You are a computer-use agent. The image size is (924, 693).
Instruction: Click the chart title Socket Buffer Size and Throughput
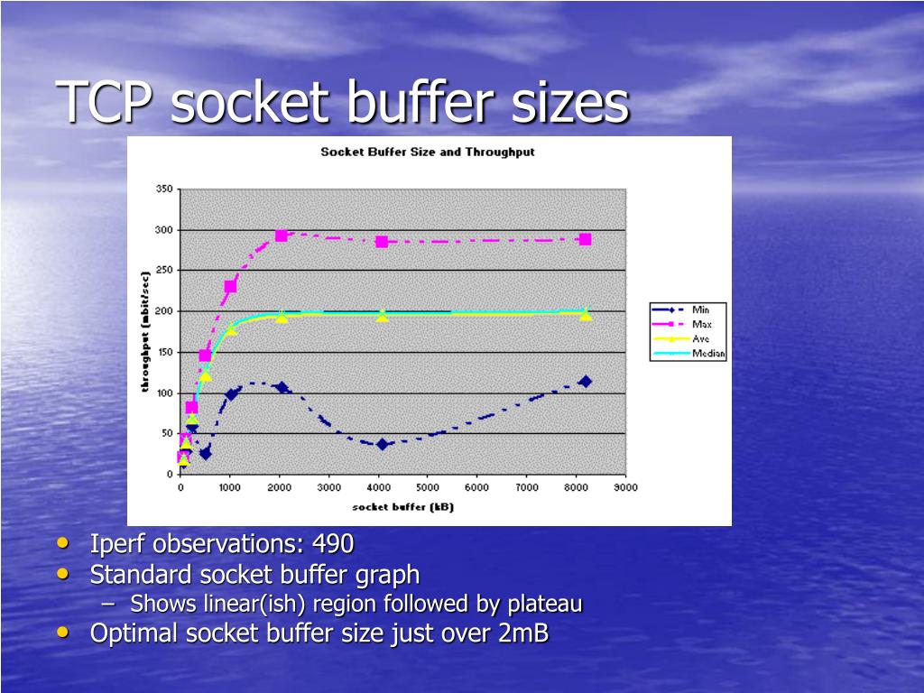[x=428, y=152]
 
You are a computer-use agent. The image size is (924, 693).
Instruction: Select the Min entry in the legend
[x=700, y=310]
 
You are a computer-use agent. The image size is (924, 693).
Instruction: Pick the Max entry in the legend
[x=701, y=324]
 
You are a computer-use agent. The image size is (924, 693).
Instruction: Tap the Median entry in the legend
[x=707, y=353]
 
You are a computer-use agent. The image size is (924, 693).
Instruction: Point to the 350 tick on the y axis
[x=163, y=189]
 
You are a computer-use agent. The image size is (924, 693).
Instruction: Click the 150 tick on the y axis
[x=163, y=352]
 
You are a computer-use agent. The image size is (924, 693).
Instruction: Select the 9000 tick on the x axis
[x=625, y=487]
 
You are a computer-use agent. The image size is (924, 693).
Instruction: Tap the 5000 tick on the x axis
[x=428, y=487]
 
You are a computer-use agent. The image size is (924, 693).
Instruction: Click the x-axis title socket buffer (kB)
[x=402, y=506]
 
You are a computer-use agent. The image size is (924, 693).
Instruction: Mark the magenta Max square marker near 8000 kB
[x=586, y=239]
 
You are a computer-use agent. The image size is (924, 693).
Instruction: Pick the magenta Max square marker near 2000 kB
[x=282, y=236]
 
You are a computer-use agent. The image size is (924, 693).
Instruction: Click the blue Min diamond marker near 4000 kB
[x=382, y=444]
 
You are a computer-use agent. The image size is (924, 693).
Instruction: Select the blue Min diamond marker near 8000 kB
[x=586, y=382]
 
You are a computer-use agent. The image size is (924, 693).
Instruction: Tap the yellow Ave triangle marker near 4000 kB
[x=382, y=316]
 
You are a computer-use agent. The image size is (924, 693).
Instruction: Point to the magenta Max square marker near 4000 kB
[x=382, y=242]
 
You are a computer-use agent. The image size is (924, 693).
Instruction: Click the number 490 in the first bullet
[x=333, y=544]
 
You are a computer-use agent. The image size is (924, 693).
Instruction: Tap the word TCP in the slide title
[x=105, y=102]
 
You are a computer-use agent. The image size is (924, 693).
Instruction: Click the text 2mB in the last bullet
[x=522, y=633]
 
